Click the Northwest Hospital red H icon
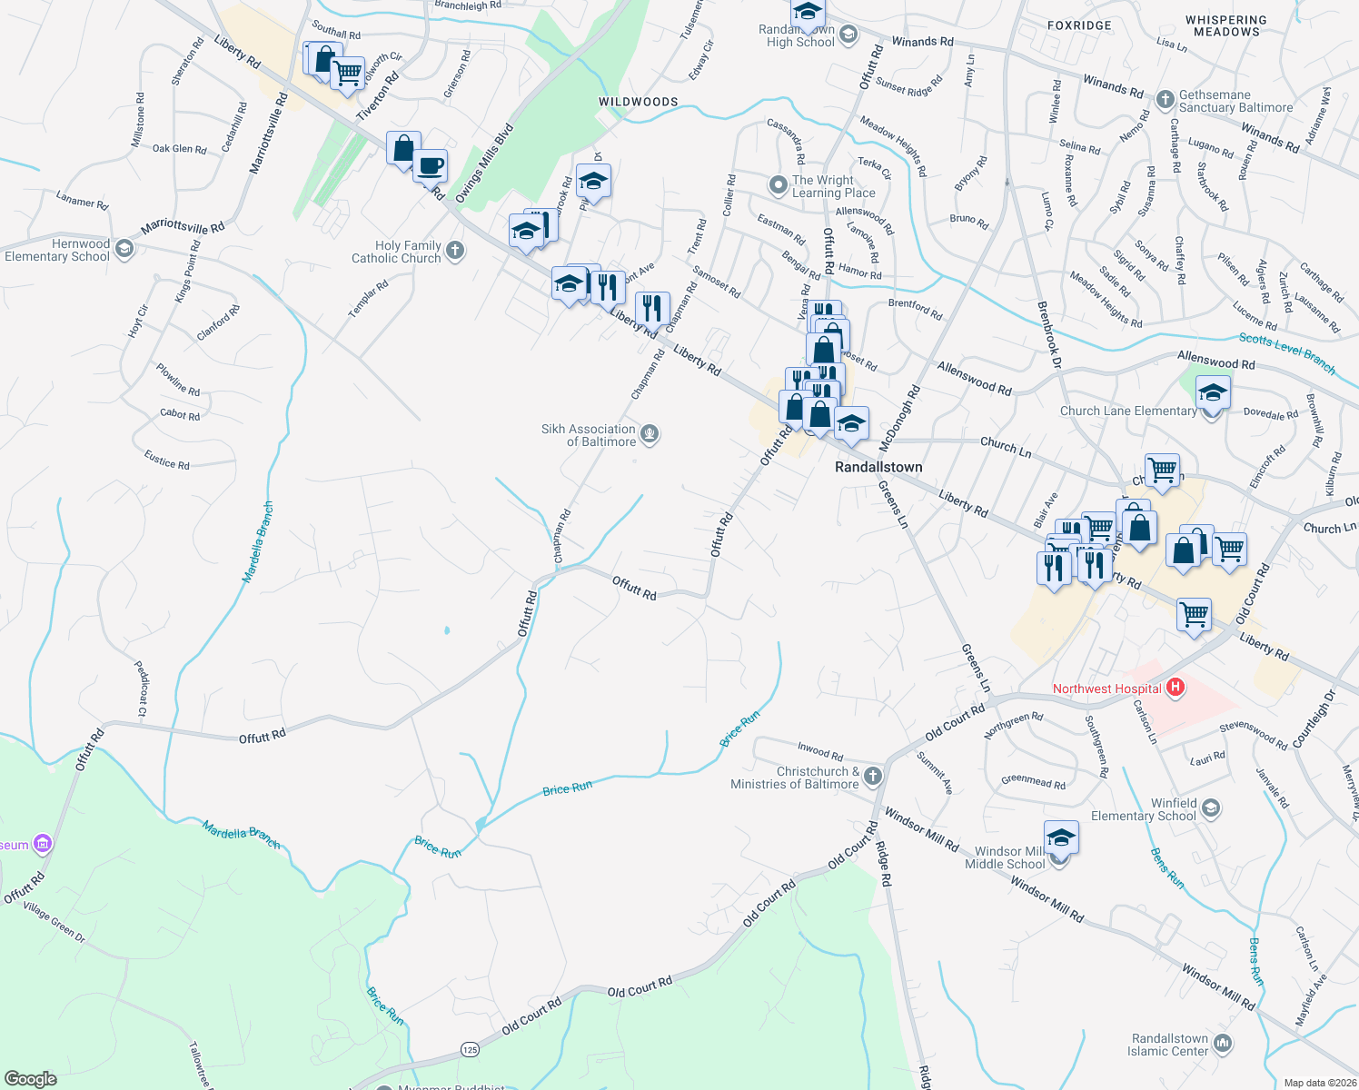pyautogui.click(x=1175, y=688)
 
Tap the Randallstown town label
pyautogui.click(x=878, y=467)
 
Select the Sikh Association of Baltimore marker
pyautogui.click(x=649, y=434)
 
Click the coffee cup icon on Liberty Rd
pyautogui.click(x=431, y=167)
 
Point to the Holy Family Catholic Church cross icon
pyautogui.click(x=455, y=251)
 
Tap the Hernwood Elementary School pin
pyautogui.click(x=124, y=249)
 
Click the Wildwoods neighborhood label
pyautogui.click(x=638, y=102)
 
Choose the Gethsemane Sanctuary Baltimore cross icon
pyautogui.click(x=1166, y=99)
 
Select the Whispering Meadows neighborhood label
pyautogui.click(x=1226, y=25)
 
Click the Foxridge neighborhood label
pyautogui.click(x=1079, y=25)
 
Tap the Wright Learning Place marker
pyautogui.click(x=778, y=185)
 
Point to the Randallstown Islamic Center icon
pyautogui.click(x=1223, y=1044)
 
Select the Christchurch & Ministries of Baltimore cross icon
pyautogui.click(x=872, y=776)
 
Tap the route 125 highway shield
pyautogui.click(x=469, y=1049)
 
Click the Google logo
pyautogui.click(x=30, y=1078)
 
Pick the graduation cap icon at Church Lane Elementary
pyautogui.click(x=1212, y=395)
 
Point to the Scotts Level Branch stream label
pyautogui.click(x=1287, y=352)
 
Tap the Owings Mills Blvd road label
pyautogui.click(x=484, y=163)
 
